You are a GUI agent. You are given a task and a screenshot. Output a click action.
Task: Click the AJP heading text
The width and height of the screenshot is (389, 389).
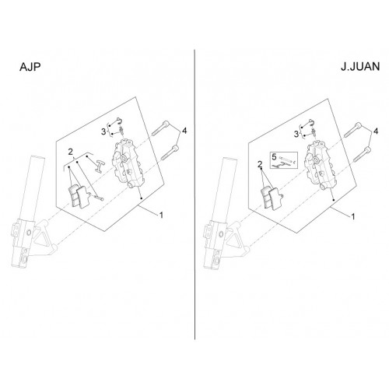tap(30, 67)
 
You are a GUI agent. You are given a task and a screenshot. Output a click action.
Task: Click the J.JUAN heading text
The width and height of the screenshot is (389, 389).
tap(360, 67)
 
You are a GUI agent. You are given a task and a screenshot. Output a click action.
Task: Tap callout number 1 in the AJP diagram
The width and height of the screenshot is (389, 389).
tap(161, 215)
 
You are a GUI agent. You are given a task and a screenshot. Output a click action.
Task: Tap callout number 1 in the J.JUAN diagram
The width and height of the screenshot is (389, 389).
tap(352, 216)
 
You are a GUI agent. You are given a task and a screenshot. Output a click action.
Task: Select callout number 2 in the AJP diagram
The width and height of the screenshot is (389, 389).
tap(71, 152)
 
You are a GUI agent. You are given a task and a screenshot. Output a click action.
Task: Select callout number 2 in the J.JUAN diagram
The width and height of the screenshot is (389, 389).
tap(260, 164)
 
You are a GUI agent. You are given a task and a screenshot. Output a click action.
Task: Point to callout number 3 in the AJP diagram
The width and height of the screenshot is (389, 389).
tap(103, 131)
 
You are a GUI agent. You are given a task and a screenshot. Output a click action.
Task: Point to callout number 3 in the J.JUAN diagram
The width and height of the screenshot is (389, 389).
tap(296, 134)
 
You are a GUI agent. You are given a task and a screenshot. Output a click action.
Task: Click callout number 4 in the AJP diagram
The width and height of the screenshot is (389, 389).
tap(184, 131)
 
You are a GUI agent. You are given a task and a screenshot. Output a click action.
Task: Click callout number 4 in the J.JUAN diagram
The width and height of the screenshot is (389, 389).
tap(376, 131)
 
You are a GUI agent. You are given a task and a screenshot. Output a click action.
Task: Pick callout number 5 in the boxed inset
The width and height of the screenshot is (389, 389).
tap(274, 157)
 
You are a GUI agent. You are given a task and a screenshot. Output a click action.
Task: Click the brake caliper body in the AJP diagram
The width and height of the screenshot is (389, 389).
tap(126, 163)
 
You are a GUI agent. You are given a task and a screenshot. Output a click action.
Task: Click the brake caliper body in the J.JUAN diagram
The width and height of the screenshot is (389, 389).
tap(318, 166)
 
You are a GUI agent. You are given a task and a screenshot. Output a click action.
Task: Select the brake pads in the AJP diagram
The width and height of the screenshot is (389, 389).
tap(79, 196)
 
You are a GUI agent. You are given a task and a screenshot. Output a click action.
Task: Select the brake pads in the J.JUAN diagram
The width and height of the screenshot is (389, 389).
tap(271, 198)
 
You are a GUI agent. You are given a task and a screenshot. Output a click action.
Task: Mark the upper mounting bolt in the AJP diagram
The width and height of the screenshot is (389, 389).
tap(161, 128)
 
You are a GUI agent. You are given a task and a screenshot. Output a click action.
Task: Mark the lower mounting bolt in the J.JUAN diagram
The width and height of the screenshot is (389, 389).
tap(363, 155)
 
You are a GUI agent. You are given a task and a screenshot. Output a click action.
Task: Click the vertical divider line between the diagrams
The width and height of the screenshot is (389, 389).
tap(194, 194)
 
